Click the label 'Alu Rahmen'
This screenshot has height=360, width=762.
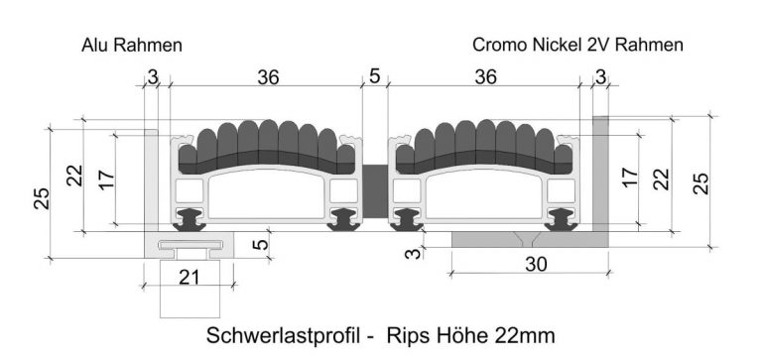click(132, 46)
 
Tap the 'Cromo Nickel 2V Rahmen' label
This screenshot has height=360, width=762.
click(577, 46)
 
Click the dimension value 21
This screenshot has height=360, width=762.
click(189, 277)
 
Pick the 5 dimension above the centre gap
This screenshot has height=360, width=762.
click(374, 76)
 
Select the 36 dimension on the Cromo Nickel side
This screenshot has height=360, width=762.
click(486, 76)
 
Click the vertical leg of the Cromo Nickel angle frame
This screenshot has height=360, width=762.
click(600, 174)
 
